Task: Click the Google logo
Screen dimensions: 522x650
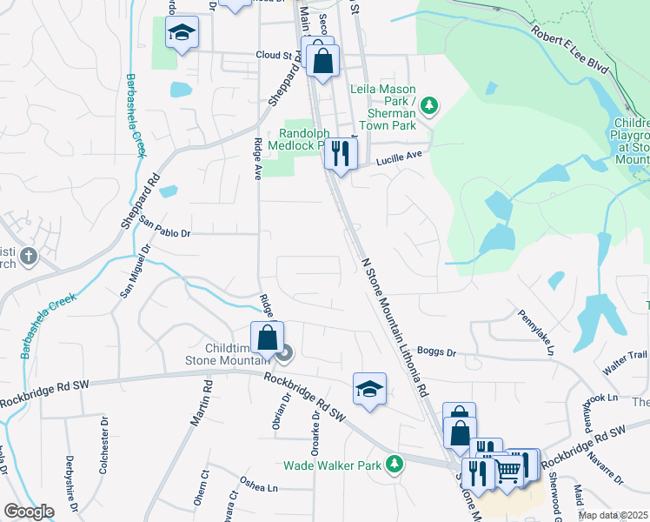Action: coord(30,512)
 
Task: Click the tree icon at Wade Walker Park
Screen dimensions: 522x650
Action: coord(395,465)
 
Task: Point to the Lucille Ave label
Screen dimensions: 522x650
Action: coord(398,157)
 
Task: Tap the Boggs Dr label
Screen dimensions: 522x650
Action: coord(437,352)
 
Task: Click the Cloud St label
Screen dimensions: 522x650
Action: coord(273,54)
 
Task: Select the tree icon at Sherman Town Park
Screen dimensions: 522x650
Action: coord(428,106)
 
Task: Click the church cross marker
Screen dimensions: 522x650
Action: coord(29,256)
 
